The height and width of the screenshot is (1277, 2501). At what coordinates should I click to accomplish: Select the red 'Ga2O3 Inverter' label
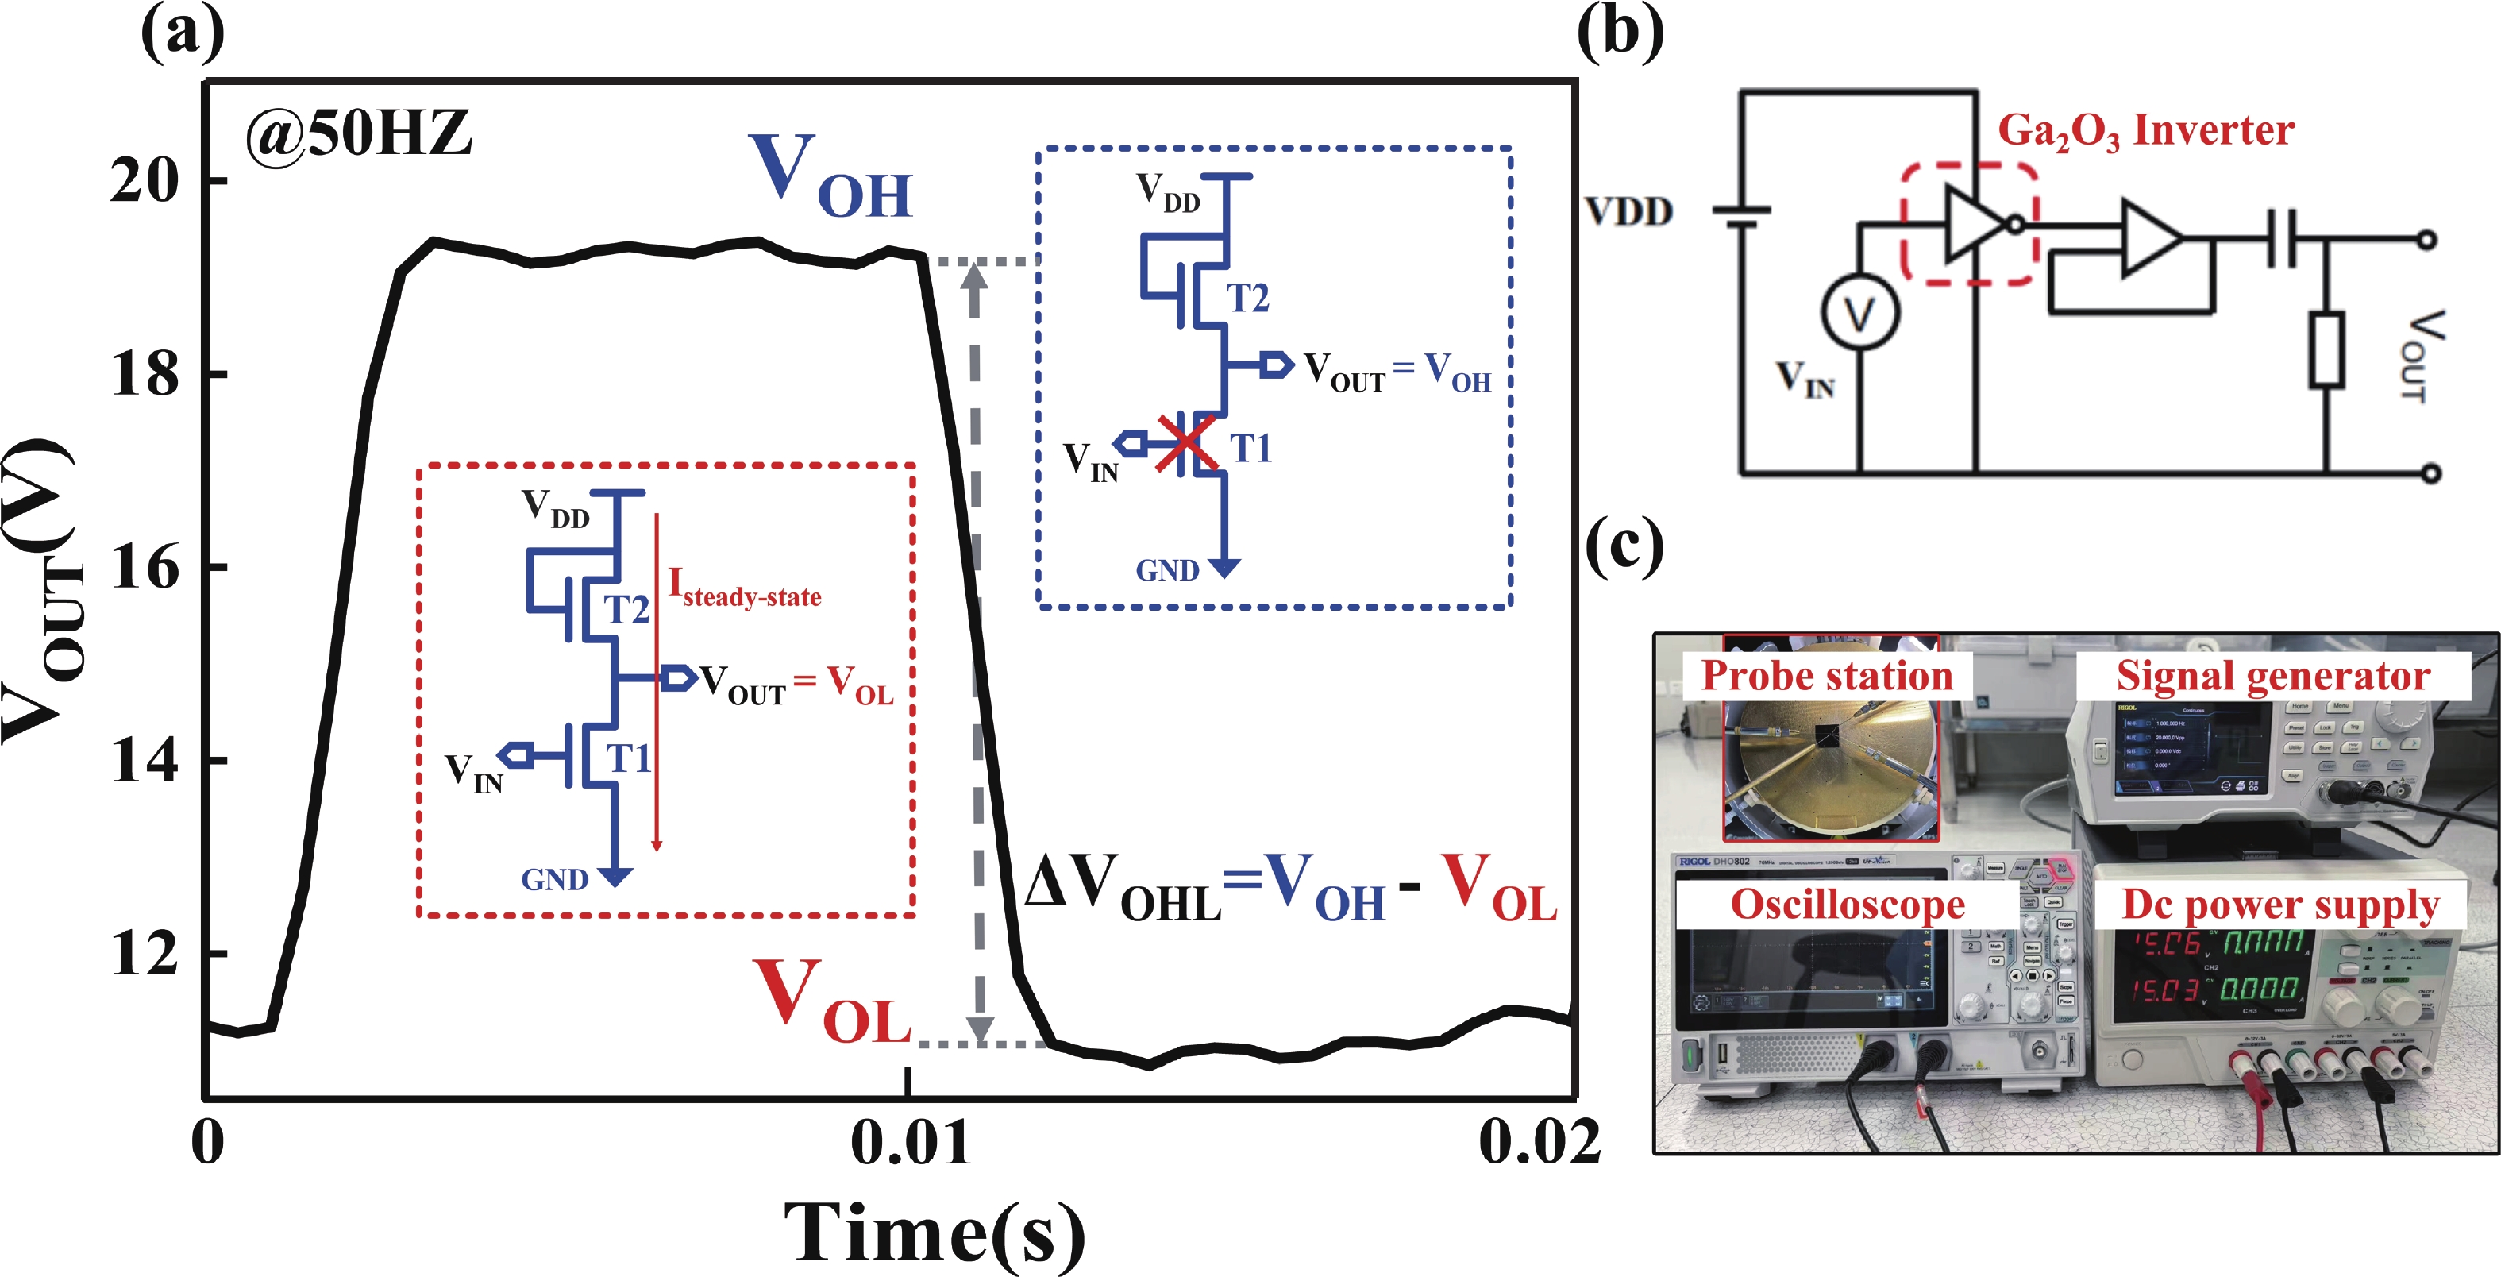(x=2145, y=131)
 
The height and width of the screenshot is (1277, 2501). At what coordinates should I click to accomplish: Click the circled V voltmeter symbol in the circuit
(x=1858, y=314)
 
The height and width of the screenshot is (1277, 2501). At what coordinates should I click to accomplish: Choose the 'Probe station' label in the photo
(x=1826, y=676)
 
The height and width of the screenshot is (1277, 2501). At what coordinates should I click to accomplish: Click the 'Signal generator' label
(x=2273, y=676)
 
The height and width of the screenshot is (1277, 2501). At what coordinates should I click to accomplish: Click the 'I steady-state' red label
(x=745, y=588)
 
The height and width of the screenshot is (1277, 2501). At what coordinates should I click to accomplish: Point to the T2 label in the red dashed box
(x=626, y=609)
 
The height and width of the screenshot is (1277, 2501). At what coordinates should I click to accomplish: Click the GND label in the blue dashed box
(x=1167, y=570)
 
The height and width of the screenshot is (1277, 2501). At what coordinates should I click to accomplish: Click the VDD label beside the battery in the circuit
(x=1629, y=210)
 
